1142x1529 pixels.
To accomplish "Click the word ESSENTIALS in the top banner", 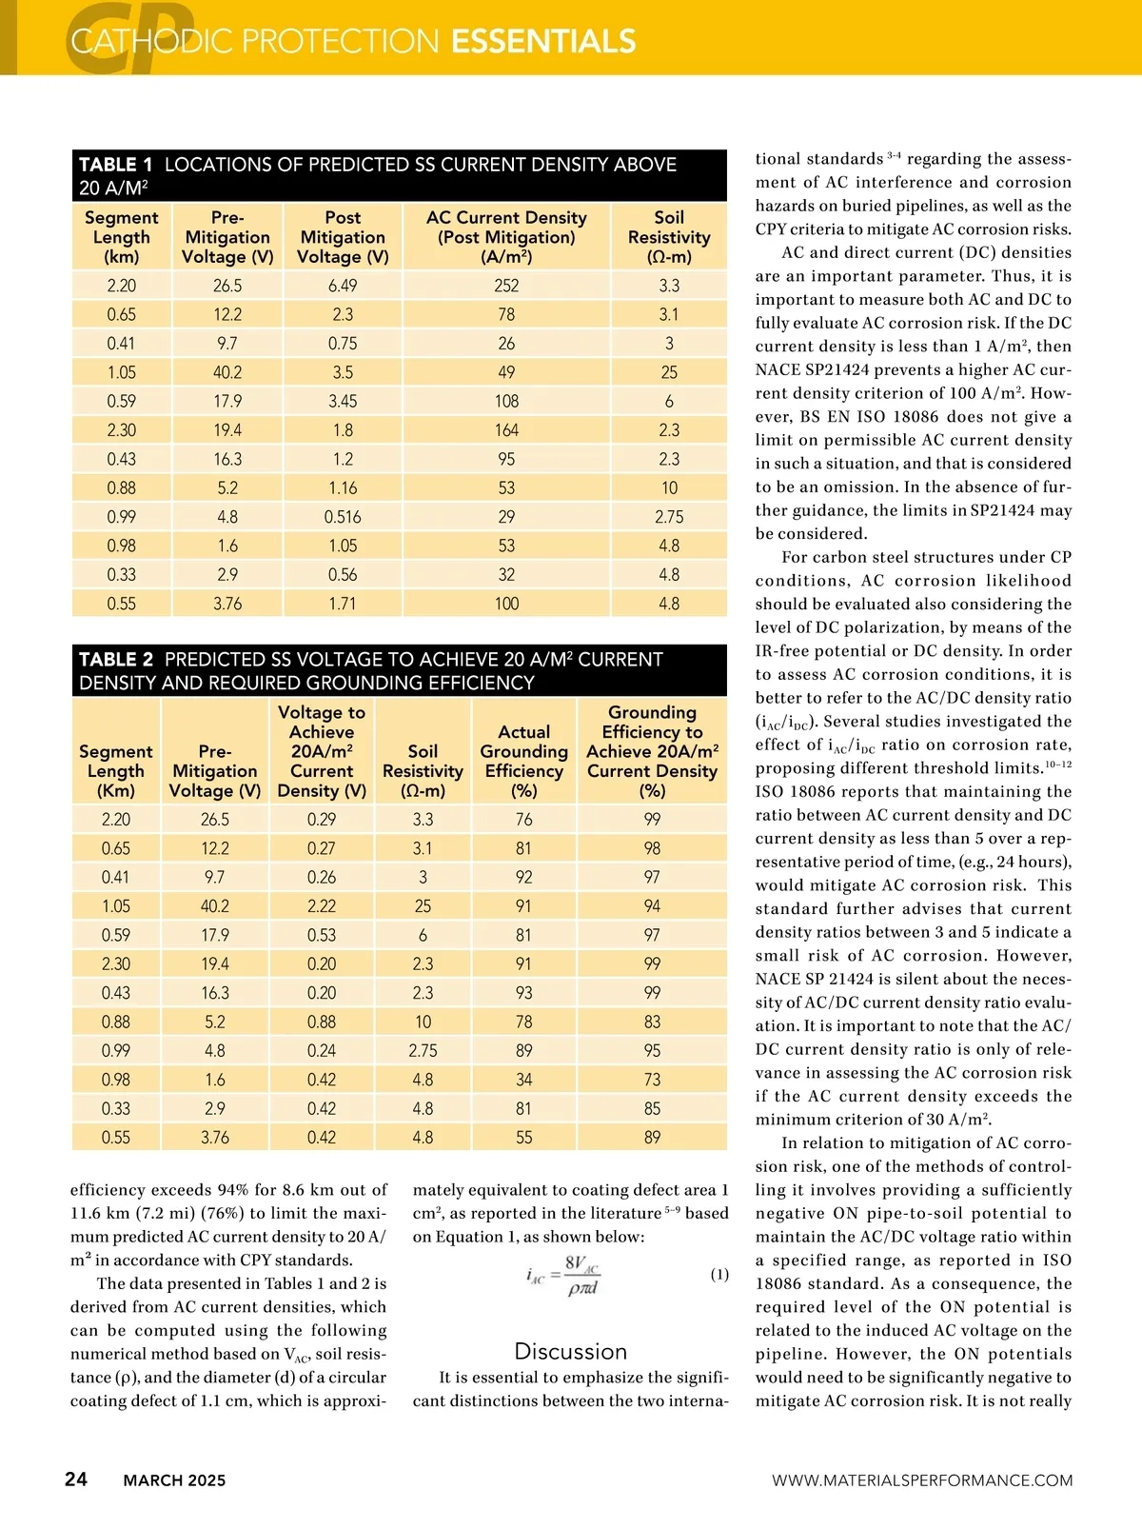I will [x=543, y=41].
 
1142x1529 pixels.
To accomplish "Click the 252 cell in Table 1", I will [x=506, y=286].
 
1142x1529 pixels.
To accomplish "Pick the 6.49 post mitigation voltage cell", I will [x=343, y=286].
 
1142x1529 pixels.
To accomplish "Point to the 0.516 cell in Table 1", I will [x=343, y=517].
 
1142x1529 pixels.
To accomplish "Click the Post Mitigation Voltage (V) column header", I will [x=343, y=237].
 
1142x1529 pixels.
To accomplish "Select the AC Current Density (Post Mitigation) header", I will [x=506, y=237].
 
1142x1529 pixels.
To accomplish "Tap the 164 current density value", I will [x=506, y=430].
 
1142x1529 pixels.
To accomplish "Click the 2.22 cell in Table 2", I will [x=322, y=906].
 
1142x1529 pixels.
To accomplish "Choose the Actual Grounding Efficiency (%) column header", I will [x=523, y=751].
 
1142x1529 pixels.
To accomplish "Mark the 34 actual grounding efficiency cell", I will [x=523, y=1080].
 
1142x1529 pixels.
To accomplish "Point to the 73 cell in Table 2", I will [x=652, y=1080].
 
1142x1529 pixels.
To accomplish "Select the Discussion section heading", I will [x=570, y=1351].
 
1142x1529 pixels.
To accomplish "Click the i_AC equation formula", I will [x=563, y=1276].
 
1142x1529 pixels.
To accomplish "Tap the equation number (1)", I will [x=719, y=1274].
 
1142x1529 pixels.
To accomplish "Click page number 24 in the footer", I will [x=76, y=1479].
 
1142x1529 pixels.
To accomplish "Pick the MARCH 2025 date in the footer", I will [x=174, y=1480].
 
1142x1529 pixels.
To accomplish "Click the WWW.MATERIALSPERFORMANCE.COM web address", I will [x=922, y=1480].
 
